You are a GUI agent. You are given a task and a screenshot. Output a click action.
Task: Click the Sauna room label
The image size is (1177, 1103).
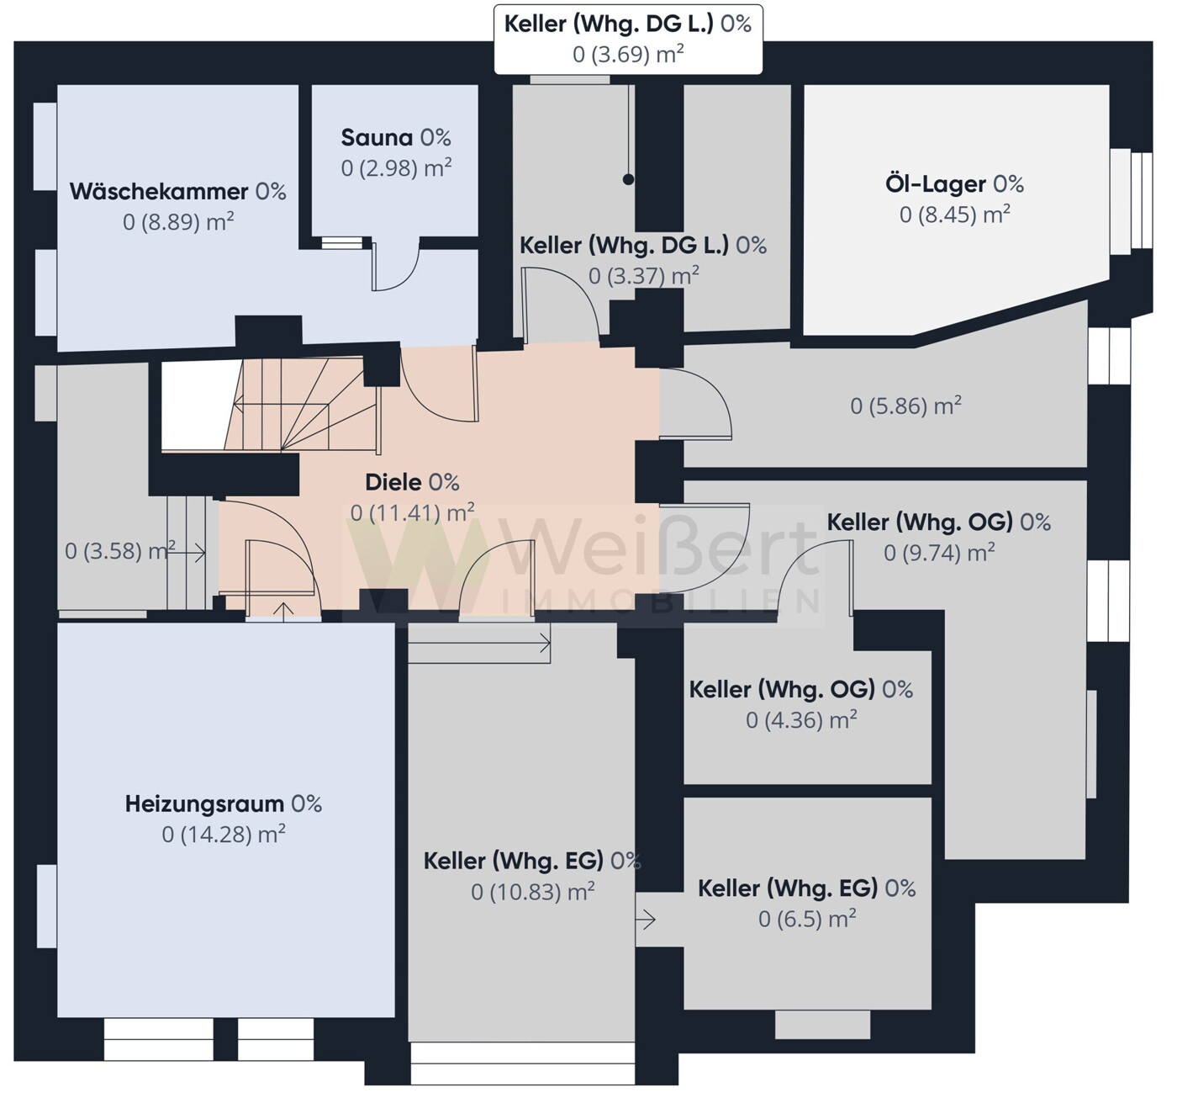396,138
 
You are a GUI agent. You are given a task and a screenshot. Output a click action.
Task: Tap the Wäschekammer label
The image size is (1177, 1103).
177,192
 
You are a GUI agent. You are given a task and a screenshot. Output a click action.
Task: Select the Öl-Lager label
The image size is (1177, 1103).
954,184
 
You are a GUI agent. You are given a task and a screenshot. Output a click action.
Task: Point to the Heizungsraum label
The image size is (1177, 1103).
224,804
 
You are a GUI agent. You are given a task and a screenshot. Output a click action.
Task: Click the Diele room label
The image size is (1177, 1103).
412,482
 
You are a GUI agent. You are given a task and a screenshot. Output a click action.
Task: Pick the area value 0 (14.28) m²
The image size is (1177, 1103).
224,835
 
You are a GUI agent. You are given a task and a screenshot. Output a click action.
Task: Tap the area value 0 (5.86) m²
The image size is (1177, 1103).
905,406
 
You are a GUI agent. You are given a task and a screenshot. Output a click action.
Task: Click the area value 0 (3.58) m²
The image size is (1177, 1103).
119,550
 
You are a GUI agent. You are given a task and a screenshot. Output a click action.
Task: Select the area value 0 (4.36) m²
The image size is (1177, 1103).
801,719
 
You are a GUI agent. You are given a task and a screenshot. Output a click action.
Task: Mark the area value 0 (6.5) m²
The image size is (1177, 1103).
807,919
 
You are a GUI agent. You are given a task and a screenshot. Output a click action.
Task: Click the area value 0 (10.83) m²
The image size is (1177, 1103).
533,892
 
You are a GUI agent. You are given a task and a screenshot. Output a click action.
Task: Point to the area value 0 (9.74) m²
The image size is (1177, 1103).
939,553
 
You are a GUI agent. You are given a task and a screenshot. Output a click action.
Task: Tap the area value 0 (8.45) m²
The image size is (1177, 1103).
955,215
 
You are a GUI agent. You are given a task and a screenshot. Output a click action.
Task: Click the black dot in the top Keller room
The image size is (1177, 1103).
628,179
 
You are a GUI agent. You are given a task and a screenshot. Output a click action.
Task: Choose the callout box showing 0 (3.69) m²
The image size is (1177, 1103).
628,40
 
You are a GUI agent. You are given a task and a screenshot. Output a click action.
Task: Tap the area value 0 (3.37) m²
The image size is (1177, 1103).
644,276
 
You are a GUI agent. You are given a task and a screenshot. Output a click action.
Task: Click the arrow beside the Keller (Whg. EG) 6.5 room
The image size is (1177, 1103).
646,920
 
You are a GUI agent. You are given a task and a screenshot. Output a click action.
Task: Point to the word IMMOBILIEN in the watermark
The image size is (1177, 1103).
661,602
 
